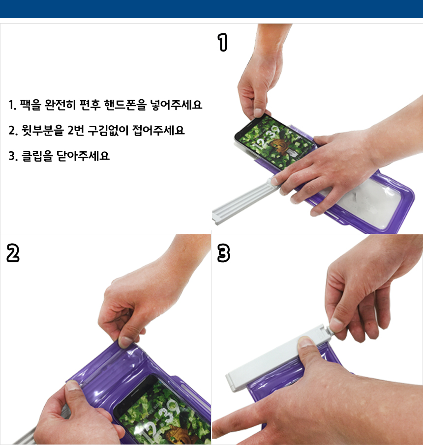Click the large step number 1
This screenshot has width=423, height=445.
pos(223,42)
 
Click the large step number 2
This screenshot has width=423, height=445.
pos(13,253)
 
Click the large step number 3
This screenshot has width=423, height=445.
pos(223,253)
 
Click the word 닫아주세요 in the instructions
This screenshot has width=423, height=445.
pos(83,156)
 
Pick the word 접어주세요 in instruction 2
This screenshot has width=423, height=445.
pos(158,130)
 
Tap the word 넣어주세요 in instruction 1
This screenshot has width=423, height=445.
pos(176,105)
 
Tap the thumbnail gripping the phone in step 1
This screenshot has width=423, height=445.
pos(258,112)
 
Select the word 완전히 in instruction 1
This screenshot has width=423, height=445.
pos(60,105)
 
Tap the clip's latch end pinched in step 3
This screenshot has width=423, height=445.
pos(327,329)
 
